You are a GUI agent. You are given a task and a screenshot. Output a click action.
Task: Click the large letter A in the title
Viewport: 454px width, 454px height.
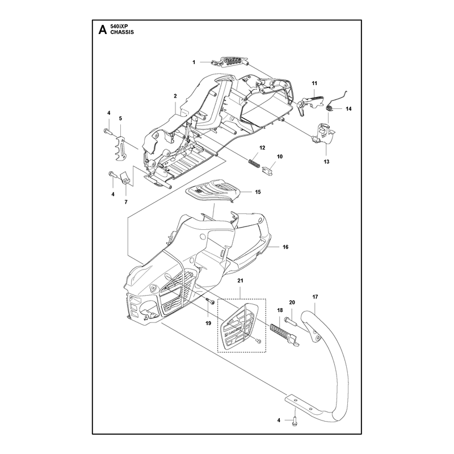tap(103, 30)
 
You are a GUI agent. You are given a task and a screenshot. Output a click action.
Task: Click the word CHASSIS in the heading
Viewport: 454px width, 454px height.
tap(122, 32)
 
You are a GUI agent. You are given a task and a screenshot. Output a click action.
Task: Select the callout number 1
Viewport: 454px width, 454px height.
tap(194, 62)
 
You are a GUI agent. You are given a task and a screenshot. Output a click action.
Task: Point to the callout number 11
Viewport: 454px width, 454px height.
tap(314, 83)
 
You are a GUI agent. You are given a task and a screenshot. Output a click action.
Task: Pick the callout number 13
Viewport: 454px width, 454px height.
tap(326, 162)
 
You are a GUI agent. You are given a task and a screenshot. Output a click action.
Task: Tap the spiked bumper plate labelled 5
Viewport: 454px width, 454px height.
tap(121, 148)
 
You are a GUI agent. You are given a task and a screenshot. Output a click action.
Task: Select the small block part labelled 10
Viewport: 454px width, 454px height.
tap(268, 171)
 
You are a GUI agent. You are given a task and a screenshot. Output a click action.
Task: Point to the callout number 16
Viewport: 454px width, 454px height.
tap(285, 247)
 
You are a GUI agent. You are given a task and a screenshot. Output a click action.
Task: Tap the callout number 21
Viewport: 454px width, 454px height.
tap(240, 280)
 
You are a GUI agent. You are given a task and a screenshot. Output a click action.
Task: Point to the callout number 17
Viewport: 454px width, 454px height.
tap(316, 297)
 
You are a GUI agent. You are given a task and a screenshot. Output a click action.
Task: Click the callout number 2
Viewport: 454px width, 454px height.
tap(175, 96)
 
